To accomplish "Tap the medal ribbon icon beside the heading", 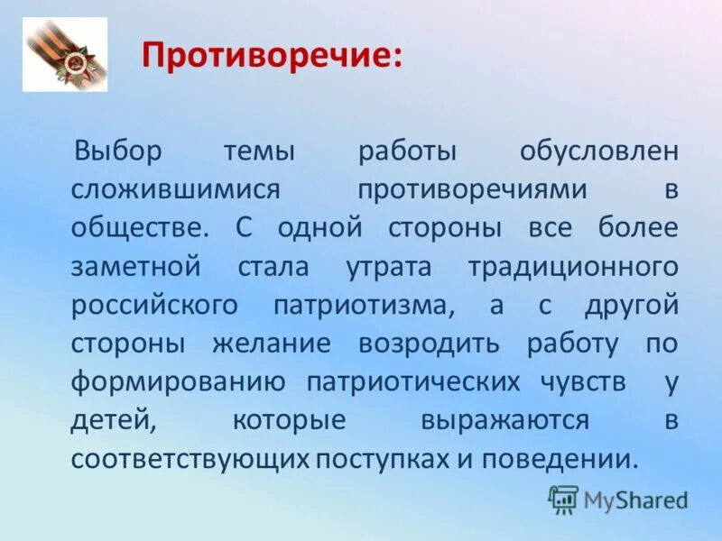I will coord(64,54).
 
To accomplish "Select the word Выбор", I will coord(118,151).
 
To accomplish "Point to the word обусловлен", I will coord(597,151).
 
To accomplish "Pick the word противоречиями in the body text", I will coord(472,190).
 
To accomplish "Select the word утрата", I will coord(394,267).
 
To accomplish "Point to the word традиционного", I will coord(573,267).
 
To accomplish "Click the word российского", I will coord(154,305).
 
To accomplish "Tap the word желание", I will coord(272,344).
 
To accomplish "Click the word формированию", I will coord(178,381).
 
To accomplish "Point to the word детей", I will coord(106,420).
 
